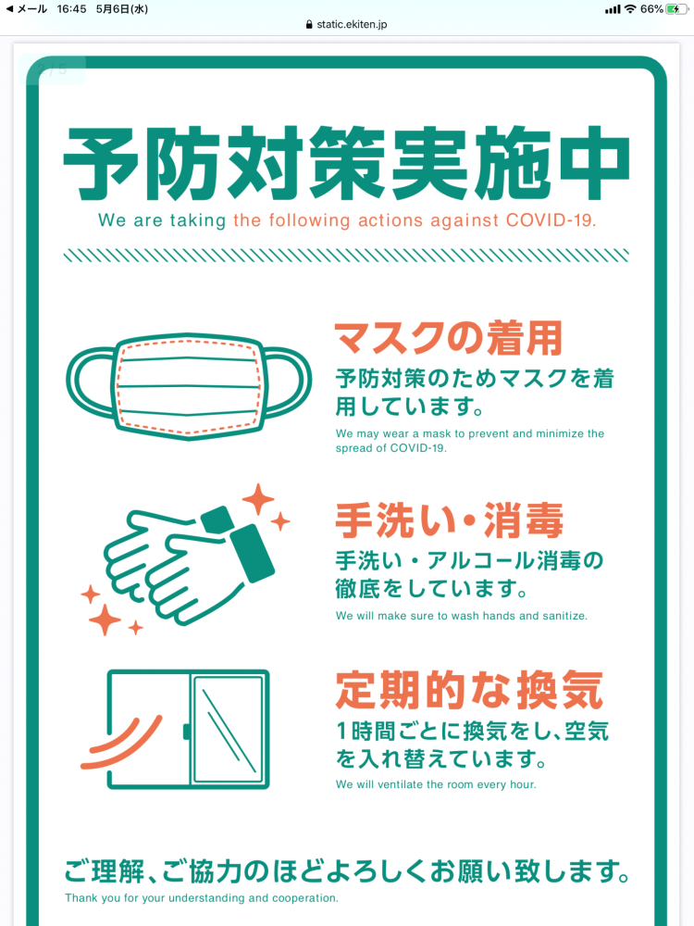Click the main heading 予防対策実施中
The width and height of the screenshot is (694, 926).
coord(346,166)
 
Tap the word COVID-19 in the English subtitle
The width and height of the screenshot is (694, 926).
coord(551,221)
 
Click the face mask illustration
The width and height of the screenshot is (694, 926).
coord(189,386)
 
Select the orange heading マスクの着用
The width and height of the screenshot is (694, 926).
coord(448,339)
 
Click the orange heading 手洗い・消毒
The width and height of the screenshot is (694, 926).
coord(449,521)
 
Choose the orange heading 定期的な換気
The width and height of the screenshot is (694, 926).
coord(469,690)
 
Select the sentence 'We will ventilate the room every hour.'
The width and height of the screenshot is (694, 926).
coord(436,784)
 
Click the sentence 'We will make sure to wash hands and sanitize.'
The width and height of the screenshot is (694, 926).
coord(462,616)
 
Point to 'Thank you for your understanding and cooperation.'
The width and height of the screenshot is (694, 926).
coord(202,898)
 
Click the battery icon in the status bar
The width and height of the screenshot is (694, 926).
coord(677,9)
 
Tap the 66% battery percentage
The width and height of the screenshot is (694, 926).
coord(651,9)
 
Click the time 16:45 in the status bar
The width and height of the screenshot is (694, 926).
coord(71,9)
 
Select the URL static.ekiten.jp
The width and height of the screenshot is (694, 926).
coord(353,24)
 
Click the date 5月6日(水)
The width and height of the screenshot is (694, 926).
coord(122,9)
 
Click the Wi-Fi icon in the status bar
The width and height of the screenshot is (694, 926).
coord(630,9)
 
